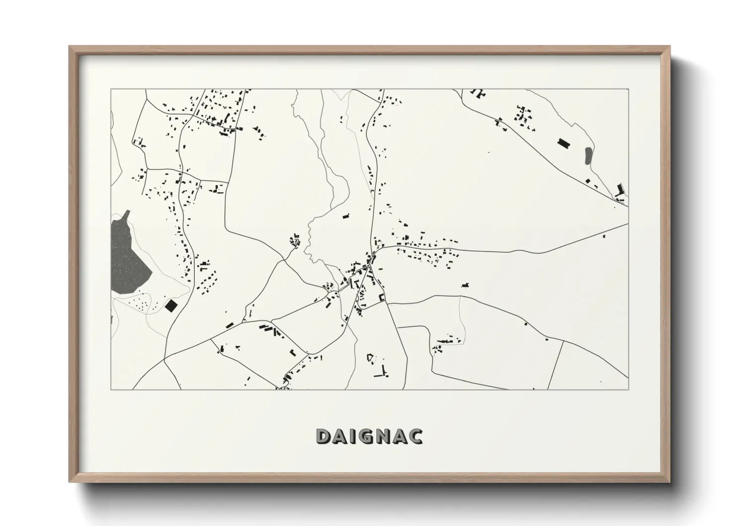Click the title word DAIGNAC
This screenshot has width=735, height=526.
pos(369,436)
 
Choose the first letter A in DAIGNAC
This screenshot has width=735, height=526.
pos(340,436)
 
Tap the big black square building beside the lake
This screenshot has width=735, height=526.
pos(171,305)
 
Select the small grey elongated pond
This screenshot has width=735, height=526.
pos(588,156)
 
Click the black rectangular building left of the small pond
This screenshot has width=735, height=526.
pos(564,143)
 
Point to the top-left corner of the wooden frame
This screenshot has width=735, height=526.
pos(70,47)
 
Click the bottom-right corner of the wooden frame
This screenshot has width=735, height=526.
pos(669,482)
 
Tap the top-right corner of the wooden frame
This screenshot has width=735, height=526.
pos(669,47)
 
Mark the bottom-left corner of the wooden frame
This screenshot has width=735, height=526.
pos(70,482)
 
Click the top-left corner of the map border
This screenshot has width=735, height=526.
pos(111,89)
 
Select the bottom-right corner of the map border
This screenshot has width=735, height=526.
pos(628,389)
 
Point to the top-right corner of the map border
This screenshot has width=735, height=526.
pos(628,89)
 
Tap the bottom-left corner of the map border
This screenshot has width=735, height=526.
pos(111,389)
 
